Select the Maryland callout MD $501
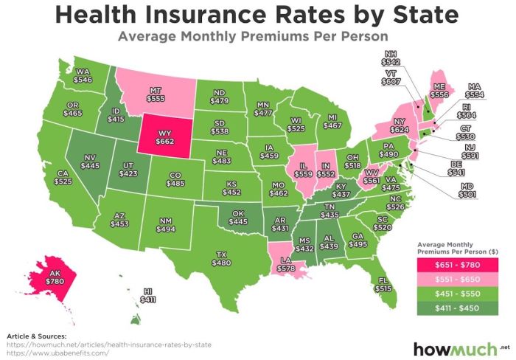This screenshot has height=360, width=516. (467, 191)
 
